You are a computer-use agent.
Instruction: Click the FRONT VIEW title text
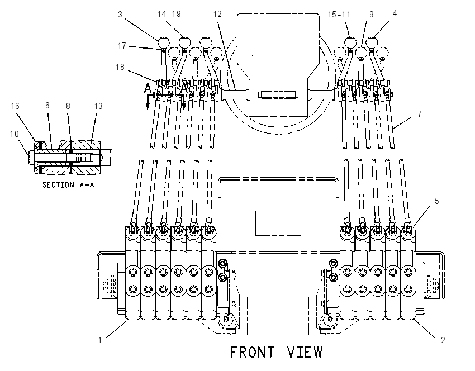tap(276, 352)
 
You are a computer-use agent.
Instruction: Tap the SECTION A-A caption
tap(68, 185)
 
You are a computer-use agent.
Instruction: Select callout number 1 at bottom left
tap(100, 340)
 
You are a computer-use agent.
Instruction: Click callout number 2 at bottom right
tap(443, 340)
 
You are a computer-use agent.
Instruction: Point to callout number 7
tap(420, 114)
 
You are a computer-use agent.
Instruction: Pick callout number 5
tap(437, 201)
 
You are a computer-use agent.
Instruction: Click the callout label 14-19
tap(169, 14)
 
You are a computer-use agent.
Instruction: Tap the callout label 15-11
tap(339, 15)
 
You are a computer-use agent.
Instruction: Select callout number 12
tap(217, 14)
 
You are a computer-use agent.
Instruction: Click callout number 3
tap(120, 15)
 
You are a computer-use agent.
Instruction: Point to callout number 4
tap(395, 13)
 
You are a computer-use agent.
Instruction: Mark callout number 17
tap(122, 46)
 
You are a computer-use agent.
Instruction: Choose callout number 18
tap(120, 66)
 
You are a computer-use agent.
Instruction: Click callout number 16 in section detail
tap(15, 106)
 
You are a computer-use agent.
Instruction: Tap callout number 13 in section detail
tap(98, 106)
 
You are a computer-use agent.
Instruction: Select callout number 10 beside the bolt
tap(14, 134)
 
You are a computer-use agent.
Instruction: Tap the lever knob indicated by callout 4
tap(372, 42)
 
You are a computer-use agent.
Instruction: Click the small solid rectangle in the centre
tap(278, 223)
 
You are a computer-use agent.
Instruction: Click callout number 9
tap(372, 15)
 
